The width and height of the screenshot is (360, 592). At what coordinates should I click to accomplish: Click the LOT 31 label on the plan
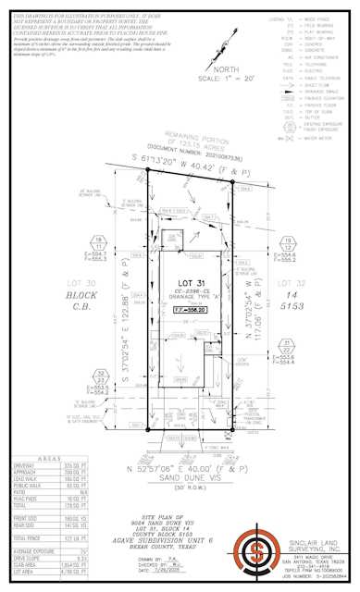pos(182,282)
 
